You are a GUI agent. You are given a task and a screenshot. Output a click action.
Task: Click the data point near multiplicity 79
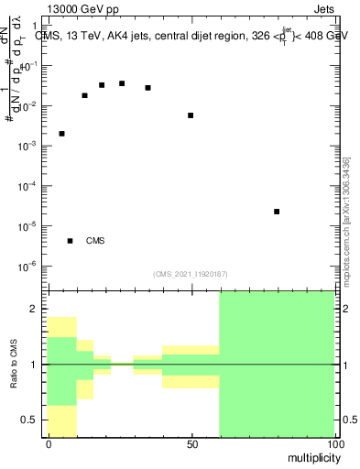[x=277, y=212]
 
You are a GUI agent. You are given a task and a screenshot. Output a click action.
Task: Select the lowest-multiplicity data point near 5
[x=61, y=134]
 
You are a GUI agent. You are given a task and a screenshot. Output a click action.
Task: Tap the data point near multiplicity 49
[x=191, y=115]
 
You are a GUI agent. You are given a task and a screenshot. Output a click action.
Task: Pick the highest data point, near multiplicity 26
[x=122, y=83]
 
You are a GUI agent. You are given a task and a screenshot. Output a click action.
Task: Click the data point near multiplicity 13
[x=84, y=95]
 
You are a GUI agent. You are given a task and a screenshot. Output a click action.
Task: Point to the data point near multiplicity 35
[x=147, y=88]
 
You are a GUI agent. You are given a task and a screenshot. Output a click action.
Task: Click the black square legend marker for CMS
[x=70, y=241]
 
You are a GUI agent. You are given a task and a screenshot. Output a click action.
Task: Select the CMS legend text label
[x=95, y=241]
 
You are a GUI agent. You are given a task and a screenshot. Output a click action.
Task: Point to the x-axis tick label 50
[x=192, y=444]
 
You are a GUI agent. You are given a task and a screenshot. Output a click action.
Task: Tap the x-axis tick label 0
[x=49, y=444]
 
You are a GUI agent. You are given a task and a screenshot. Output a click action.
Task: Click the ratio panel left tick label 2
[x=33, y=310]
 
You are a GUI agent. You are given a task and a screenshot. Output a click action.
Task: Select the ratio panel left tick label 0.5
[x=29, y=420]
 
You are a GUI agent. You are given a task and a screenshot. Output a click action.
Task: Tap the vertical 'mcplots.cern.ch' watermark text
[x=346, y=220]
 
